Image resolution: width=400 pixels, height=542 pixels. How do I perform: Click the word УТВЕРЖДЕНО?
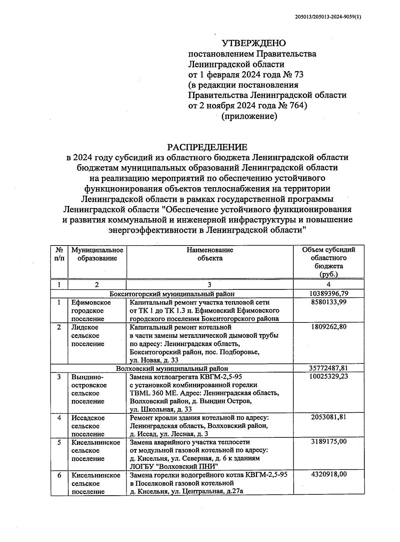254,43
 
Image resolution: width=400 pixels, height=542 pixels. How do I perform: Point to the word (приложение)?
249,116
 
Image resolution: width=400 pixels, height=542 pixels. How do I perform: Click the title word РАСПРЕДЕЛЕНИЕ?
207,147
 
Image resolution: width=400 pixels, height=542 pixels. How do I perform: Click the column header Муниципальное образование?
97,254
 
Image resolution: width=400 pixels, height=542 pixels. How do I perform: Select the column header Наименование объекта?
210,254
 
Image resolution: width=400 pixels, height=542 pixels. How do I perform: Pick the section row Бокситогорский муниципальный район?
172,294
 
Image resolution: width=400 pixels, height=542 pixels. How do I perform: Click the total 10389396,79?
329,294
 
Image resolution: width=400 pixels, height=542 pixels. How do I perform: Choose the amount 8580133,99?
329,302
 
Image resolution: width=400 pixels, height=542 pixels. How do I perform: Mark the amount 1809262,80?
329,327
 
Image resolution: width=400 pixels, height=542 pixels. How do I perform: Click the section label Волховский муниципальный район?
172,368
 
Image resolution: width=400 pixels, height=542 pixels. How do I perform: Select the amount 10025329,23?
329,377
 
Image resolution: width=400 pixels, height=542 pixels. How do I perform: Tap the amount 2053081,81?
329,418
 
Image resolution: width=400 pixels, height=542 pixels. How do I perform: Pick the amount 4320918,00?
329,475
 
